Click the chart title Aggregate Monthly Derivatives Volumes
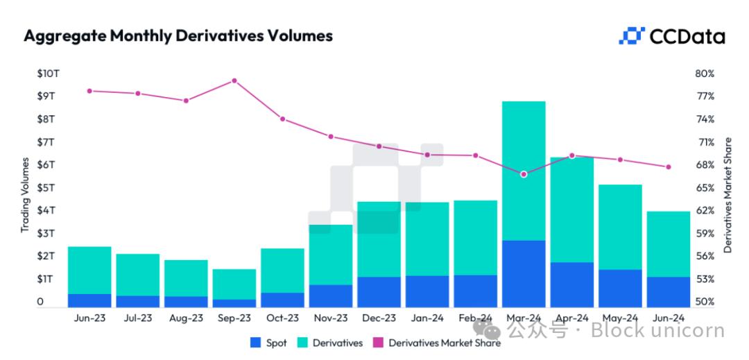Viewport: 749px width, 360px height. pos(178,36)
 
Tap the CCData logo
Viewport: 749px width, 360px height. pos(671,36)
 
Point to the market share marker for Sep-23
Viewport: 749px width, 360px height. pos(234,80)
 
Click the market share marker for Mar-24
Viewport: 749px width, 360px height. pos(524,174)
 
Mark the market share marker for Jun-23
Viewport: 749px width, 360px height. pos(89,91)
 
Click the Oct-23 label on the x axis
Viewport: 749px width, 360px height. pos(282,318)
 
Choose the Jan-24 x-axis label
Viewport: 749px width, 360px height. pos(427,318)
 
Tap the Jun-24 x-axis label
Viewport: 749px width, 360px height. pos(668,318)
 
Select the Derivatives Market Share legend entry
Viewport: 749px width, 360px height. pos(437,343)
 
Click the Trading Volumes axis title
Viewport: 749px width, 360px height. pos(25,195)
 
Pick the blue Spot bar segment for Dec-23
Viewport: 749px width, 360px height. pos(379,292)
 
